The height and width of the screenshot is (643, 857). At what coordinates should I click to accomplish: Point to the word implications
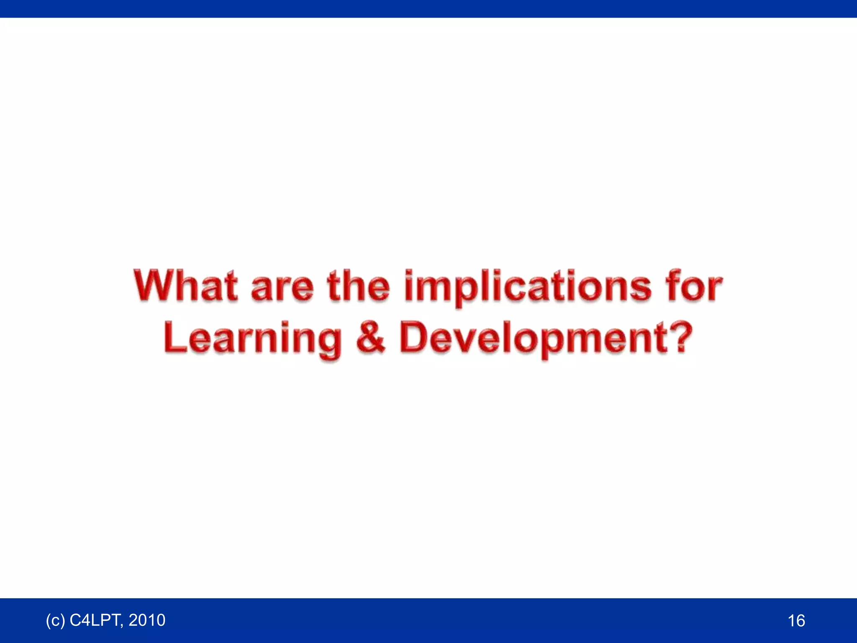[528, 287]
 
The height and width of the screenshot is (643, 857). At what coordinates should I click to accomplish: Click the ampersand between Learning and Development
[370, 337]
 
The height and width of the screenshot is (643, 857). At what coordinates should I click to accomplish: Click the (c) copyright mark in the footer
[55, 620]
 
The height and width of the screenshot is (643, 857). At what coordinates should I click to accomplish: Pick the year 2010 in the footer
[147, 620]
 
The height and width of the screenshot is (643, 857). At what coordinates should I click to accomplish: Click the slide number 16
[796, 620]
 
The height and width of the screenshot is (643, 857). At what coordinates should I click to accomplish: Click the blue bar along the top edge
[428, 8]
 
